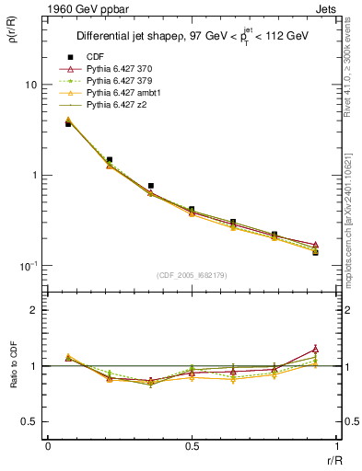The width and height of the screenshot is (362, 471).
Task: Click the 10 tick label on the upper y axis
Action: coord(30,85)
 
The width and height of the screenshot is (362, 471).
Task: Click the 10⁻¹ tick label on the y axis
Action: coord(28,266)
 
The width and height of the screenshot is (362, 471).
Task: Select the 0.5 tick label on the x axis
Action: coord(191,446)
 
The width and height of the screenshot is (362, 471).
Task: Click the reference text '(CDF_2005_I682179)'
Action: coord(191,274)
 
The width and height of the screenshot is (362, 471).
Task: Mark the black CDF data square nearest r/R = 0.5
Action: coord(191,210)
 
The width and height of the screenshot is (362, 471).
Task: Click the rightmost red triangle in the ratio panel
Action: coord(315,349)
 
